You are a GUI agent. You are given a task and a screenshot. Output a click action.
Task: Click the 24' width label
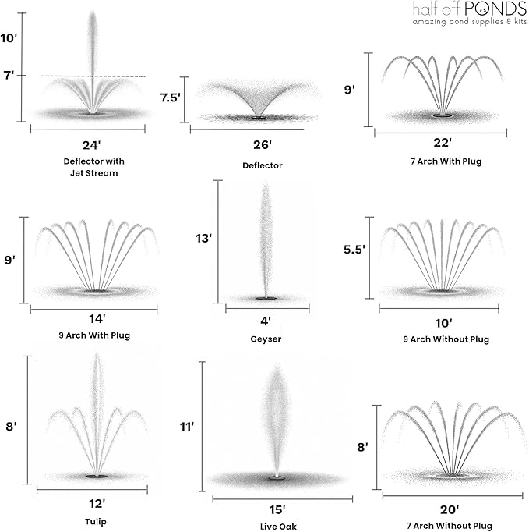click(x=91, y=145)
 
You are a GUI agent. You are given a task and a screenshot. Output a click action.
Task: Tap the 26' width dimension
click(x=263, y=145)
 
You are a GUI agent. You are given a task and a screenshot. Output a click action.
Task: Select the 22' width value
click(x=443, y=143)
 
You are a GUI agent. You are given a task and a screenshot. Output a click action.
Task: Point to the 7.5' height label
click(x=170, y=98)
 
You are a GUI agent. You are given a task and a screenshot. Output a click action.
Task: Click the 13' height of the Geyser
click(x=203, y=239)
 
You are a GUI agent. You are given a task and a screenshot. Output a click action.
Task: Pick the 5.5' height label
click(x=354, y=250)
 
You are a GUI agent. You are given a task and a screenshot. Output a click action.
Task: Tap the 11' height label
click(x=187, y=427)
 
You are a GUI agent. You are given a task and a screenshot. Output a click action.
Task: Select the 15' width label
click(x=277, y=509)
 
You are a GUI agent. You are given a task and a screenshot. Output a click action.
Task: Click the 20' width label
click(x=450, y=509)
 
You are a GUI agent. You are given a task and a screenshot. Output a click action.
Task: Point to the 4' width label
click(x=266, y=321)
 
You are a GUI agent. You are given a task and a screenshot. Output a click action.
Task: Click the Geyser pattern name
click(x=266, y=339)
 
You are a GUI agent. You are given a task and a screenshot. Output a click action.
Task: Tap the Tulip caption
click(x=96, y=522)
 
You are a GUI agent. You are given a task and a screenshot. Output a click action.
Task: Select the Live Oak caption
click(x=278, y=527)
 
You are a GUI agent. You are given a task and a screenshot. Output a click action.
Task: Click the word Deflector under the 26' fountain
click(x=263, y=165)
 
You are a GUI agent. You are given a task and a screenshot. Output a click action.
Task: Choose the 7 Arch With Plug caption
click(x=446, y=161)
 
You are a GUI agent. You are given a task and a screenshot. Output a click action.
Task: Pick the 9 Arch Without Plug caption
click(x=446, y=339)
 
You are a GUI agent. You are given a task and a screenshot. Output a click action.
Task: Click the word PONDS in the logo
click(x=495, y=9)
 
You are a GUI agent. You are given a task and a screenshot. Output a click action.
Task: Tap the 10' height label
click(x=9, y=38)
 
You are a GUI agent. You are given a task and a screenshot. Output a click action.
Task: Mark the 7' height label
click(x=9, y=75)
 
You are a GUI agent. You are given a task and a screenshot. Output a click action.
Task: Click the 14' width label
click(x=97, y=319)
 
